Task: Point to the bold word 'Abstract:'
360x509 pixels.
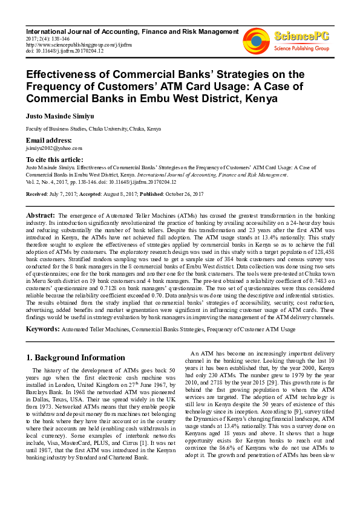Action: pyautogui.click(x=41, y=216)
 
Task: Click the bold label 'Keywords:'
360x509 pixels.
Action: pyautogui.click(x=42, y=329)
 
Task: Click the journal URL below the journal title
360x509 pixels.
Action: pyautogui.click(x=68, y=44)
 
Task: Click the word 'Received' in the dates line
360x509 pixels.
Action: pyautogui.click(x=38, y=194)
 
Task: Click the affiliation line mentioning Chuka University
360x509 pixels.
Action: pyautogui.click(x=93, y=129)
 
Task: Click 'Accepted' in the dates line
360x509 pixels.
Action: pyautogui.click(x=92, y=194)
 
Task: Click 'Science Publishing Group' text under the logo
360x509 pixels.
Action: pyautogui.click(x=301, y=47)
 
